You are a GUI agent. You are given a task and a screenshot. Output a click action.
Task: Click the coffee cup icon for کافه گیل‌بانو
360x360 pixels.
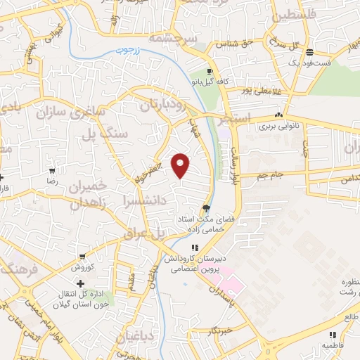click(x=210, y=72)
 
